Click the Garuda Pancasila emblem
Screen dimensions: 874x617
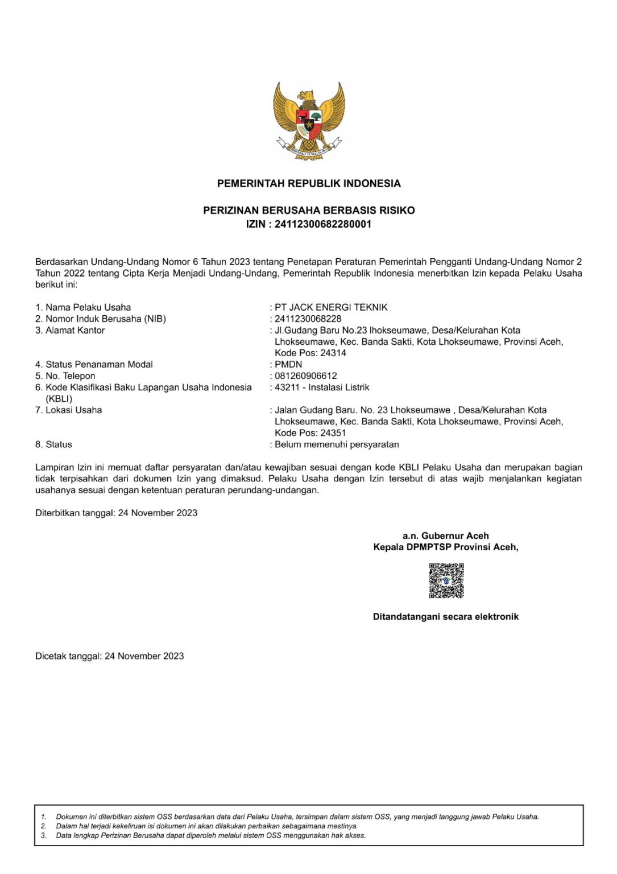pos(309,121)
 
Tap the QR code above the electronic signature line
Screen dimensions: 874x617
pos(446,580)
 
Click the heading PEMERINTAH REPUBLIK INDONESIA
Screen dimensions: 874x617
pos(309,183)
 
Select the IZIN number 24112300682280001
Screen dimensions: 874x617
pos(322,224)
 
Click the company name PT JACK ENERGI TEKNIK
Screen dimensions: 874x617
pos(331,307)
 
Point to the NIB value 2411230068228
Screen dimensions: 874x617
pos(308,319)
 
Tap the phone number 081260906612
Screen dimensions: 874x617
pos(305,376)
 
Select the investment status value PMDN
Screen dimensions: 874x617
pos(288,364)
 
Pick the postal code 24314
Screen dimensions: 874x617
pos(333,353)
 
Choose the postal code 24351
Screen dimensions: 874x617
pos(333,432)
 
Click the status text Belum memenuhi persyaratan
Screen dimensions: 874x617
pos(337,444)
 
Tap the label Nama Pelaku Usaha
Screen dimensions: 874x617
pos(88,307)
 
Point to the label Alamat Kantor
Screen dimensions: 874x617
pos(74,330)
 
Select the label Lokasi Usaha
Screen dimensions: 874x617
pos(73,410)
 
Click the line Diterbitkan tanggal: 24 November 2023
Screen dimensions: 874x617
pos(116,513)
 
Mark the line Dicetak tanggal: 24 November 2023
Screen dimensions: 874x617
pos(109,656)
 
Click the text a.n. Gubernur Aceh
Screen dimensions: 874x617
pos(445,535)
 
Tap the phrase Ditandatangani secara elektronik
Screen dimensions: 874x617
pos(445,617)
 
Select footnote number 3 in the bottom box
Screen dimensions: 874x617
pos(44,835)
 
